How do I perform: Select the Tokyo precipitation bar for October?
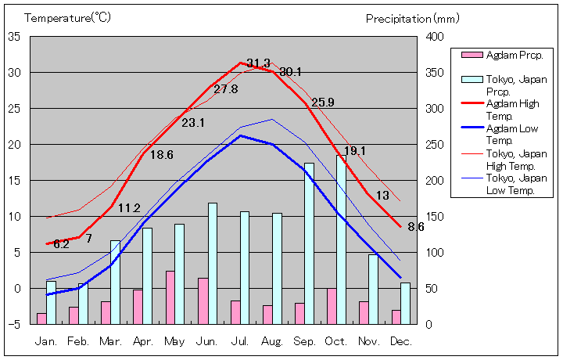pos(341,239)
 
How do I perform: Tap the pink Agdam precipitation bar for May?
pos(170,297)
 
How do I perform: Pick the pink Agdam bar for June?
pos(203,301)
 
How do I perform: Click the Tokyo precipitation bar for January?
pos(51,302)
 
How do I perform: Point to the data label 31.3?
pos(258,63)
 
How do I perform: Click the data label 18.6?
pos(161,155)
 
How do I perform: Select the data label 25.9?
pos(322,103)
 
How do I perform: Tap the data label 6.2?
pos(62,244)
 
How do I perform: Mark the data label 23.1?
pos(193,123)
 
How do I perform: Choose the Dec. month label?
pos(400,341)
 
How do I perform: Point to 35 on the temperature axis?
pos(15,36)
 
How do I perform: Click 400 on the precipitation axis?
pos(434,36)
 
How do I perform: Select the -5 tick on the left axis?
pos(15,324)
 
